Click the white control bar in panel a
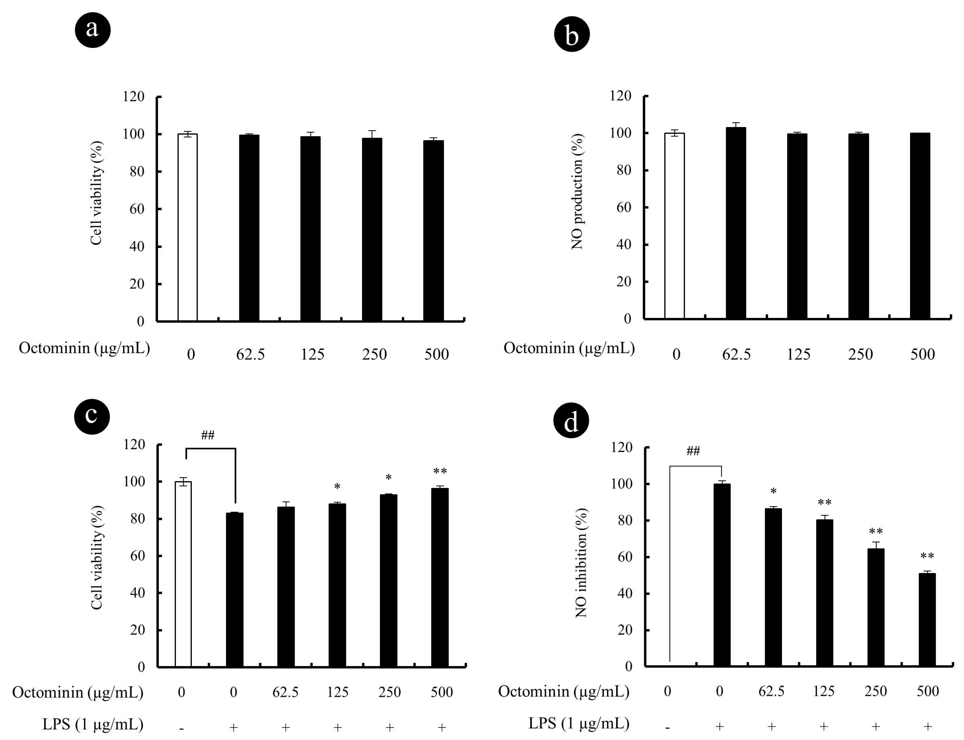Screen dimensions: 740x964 (x=187, y=227)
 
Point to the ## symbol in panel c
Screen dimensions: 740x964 (x=208, y=435)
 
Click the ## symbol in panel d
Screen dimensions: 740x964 (x=693, y=451)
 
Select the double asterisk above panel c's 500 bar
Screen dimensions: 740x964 (x=440, y=472)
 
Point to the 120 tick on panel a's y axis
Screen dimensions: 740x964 (x=133, y=96)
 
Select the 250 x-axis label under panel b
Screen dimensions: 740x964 (x=860, y=354)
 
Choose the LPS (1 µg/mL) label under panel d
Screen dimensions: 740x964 (x=578, y=723)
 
